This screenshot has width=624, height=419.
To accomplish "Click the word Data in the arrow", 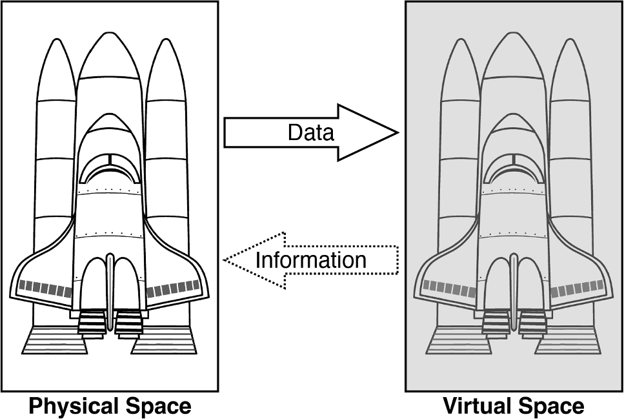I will tap(311, 132).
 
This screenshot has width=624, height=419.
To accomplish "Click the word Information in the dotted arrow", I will tap(311, 260).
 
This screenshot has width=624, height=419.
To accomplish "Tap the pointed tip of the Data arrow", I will tap(398, 132).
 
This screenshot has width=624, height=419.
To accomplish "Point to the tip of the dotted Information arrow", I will tap(225, 260).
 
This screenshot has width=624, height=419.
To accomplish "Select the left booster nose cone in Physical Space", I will tap(55, 65).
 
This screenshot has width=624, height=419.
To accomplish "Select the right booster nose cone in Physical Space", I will tap(167, 65).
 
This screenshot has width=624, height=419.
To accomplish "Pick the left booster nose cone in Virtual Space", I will tap(459, 65).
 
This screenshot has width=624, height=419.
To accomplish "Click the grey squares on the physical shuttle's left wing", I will tap(45, 288).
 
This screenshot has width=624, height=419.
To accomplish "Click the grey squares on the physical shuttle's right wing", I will tap(173, 288).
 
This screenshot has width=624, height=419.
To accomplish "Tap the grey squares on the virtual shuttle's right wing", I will tap(578, 288).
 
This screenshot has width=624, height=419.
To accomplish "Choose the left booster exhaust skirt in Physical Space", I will tap(54, 340).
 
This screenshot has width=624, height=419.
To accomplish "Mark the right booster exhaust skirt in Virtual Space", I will tap(567, 340).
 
